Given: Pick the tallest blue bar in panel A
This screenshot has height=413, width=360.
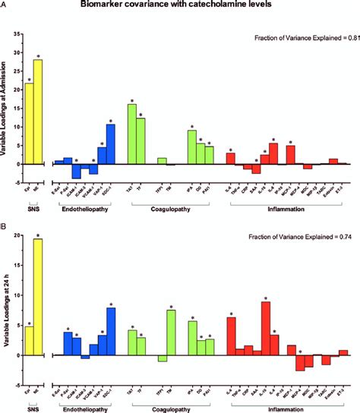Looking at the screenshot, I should [x=110, y=143].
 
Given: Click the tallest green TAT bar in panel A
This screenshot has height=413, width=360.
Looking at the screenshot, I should [x=131, y=134].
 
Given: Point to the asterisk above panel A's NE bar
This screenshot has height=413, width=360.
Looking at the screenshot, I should [x=38, y=55].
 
